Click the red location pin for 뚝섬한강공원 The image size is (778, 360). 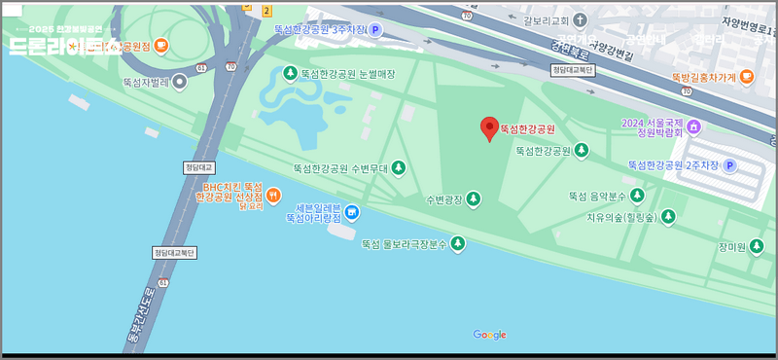[490, 127]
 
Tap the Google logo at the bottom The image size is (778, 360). [489, 336]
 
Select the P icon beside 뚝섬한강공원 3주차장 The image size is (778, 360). [374, 30]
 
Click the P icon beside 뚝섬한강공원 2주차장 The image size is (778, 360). [729, 165]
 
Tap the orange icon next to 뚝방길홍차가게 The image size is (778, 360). [746, 77]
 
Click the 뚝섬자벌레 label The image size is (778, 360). [143, 82]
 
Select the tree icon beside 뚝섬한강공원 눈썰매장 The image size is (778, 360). [289, 73]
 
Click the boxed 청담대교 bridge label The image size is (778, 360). [196, 166]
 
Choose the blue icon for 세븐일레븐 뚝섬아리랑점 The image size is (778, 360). [352, 213]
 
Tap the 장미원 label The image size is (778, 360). [730, 247]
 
